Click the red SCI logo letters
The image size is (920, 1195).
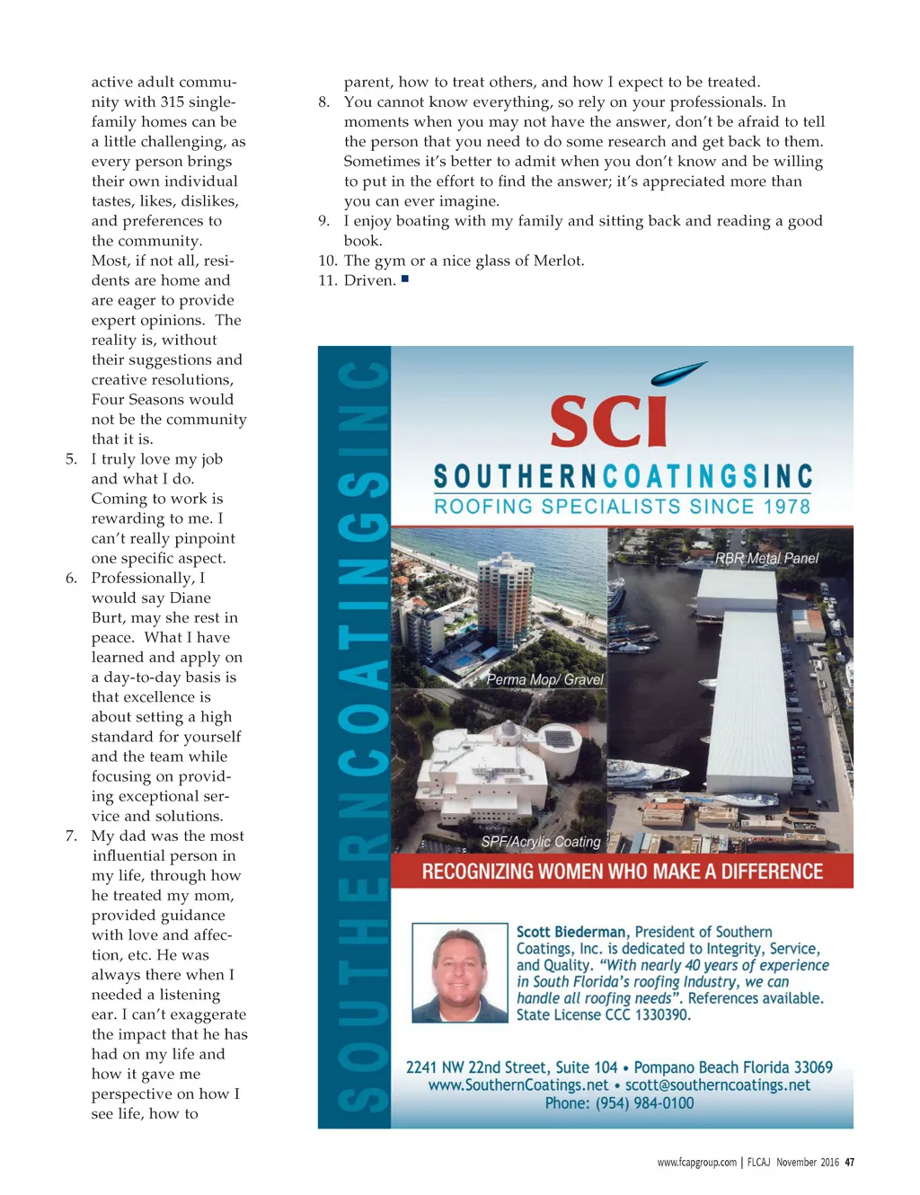609,420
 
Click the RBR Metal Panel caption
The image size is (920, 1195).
766,558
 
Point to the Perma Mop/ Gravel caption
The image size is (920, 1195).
544,679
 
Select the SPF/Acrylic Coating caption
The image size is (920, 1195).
540,842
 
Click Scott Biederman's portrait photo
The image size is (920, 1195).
459,972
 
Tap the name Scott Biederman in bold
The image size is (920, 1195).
572,932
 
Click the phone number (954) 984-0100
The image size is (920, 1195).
644,1102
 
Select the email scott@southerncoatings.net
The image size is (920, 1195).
718,1084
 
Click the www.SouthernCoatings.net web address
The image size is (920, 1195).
518,1084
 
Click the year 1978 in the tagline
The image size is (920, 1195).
786,506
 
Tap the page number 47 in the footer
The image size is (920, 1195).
849,1162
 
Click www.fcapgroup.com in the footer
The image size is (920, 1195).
696,1162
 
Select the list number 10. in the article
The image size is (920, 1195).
327,261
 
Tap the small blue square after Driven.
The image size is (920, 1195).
405,279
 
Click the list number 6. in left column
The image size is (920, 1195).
71,578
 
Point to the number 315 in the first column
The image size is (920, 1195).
172,102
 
